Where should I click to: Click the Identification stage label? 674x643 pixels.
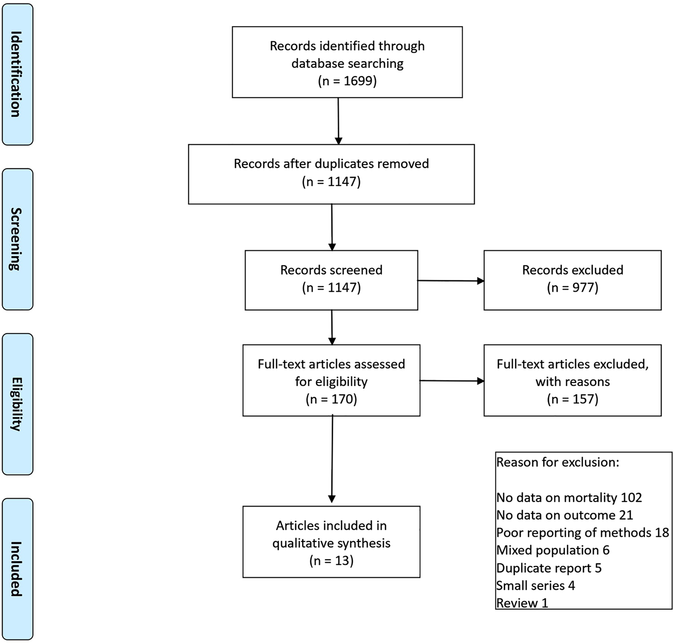tap(17, 75)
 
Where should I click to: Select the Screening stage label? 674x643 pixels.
tap(17, 239)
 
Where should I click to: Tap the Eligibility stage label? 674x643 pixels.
tap(17, 404)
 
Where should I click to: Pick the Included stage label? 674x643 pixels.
tap(17, 568)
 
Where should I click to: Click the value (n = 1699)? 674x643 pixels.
tap(347, 81)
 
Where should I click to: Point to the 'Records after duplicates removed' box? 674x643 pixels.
tap(331, 174)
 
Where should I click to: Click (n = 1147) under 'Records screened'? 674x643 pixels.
tap(331, 288)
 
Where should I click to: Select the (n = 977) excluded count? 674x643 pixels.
tap(572, 288)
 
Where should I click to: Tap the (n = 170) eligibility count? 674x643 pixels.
tap(331, 399)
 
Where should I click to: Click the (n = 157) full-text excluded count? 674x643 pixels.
tap(572, 399)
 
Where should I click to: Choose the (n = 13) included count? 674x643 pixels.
tap(331, 560)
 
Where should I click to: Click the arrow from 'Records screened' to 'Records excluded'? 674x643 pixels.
tap(450, 280)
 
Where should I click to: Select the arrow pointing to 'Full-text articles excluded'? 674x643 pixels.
tap(451, 380)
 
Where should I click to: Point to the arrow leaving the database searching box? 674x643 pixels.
tap(338, 121)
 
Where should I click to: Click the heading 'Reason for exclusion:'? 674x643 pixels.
tap(558, 462)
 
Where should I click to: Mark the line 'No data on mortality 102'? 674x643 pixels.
tap(569, 497)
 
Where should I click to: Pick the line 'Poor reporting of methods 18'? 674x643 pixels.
tap(582, 533)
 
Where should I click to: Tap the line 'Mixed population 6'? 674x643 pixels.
tap(552, 550)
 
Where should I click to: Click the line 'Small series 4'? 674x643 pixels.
tap(536, 585)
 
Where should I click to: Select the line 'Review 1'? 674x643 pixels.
tap(522, 603)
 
